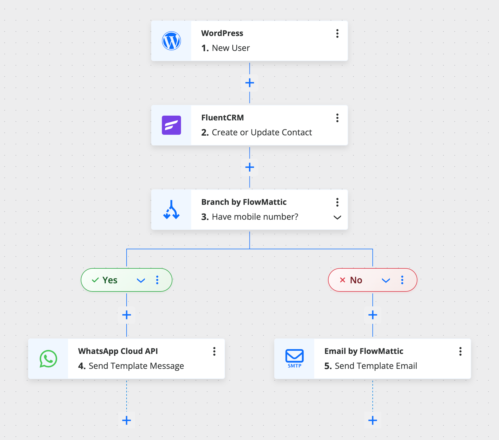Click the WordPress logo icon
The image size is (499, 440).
[171, 41]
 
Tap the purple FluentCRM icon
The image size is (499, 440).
[171, 125]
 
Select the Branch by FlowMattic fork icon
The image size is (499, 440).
[171, 210]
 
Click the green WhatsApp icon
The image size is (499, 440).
[48, 359]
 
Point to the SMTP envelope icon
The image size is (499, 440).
[294, 358]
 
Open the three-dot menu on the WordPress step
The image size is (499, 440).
[337, 33]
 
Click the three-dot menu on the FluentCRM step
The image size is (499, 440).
[337, 118]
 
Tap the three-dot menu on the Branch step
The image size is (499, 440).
[337, 202]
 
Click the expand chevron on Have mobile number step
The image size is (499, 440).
[337, 217]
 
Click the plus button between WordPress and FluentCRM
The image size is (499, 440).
[249, 83]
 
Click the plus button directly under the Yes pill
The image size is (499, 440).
[127, 315]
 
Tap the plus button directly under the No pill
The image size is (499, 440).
[373, 315]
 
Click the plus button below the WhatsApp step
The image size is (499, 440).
[127, 420]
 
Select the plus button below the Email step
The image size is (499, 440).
[373, 420]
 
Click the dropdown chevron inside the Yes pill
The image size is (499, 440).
[141, 280]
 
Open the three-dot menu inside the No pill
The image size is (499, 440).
[402, 280]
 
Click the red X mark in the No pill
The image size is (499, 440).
[342, 280]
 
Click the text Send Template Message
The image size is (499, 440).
[136, 366]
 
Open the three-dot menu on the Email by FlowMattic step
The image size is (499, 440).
[460, 351]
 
